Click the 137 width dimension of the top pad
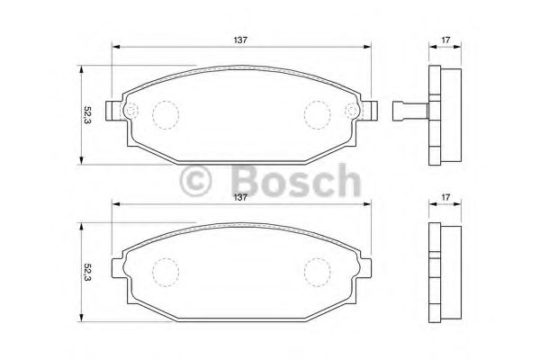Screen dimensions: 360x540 pos(241,40)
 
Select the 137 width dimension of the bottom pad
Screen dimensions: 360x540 pos(241,198)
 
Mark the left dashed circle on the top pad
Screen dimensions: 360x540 pos(165,113)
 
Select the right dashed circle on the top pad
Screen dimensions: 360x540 pos(318,113)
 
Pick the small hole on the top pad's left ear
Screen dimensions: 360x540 pos(130,112)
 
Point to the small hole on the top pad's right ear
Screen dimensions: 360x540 pos(353,112)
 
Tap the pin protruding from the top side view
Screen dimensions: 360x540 pos(408,112)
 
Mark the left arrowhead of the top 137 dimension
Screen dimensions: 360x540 pos(115,49)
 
